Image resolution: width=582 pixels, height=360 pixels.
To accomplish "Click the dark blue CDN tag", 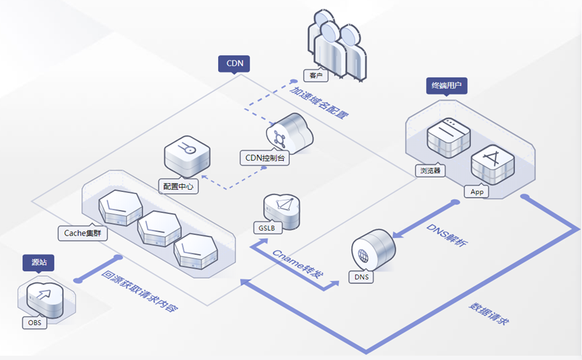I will point(235,64).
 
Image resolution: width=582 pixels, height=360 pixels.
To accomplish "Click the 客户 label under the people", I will point(316,75).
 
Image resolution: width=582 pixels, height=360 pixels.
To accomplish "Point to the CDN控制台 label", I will point(265,158).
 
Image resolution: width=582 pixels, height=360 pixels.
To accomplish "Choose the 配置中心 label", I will point(178,186).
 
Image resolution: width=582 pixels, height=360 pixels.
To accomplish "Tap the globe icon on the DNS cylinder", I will point(363,256).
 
